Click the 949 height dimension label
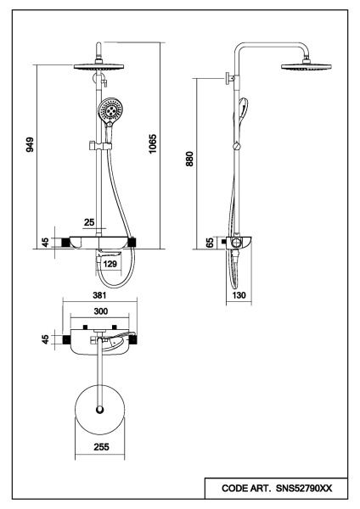[30, 145]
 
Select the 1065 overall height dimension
[152, 144]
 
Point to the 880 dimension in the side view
[189, 159]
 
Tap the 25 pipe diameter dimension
[89, 222]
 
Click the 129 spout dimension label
[110, 264]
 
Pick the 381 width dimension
[99, 295]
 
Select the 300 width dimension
[100, 311]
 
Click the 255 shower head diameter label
[101, 447]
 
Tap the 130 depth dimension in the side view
[239, 295]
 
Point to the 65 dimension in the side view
[210, 243]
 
